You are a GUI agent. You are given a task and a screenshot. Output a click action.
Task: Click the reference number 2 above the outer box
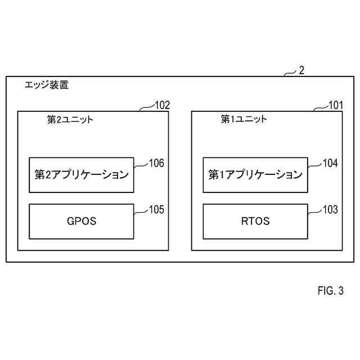pyautogui.click(x=301, y=70)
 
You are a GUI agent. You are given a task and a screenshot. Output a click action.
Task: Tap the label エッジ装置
pyautogui.click(x=47, y=85)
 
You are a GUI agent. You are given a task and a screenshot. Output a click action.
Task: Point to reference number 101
pyautogui.click(x=336, y=105)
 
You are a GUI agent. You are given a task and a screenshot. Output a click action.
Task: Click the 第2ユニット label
pyautogui.click(x=70, y=119)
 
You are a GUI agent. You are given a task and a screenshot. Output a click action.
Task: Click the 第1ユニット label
pyautogui.click(x=244, y=119)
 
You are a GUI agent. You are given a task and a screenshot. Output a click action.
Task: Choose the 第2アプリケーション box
pyautogui.click(x=82, y=175)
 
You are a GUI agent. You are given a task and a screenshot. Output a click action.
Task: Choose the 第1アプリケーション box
pyautogui.click(x=255, y=175)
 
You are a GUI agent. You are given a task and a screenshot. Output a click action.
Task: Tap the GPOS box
pyautogui.click(x=82, y=221)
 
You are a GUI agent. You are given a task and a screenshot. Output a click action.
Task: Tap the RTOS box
pyautogui.click(x=255, y=221)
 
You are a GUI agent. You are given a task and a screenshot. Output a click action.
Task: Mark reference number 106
pyautogui.click(x=156, y=164)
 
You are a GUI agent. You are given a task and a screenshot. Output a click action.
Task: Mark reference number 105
pyautogui.click(x=156, y=210)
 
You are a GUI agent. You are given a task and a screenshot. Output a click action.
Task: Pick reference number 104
pyautogui.click(x=330, y=164)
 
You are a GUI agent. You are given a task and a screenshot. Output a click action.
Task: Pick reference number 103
pyautogui.click(x=330, y=210)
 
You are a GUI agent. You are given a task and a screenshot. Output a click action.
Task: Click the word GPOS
pyautogui.click(x=82, y=221)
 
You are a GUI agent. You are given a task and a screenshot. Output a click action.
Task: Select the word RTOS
pyautogui.click(x=255, y=221)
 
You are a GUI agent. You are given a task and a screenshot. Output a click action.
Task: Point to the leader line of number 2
pyautogui.click(x=290, y=73)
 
